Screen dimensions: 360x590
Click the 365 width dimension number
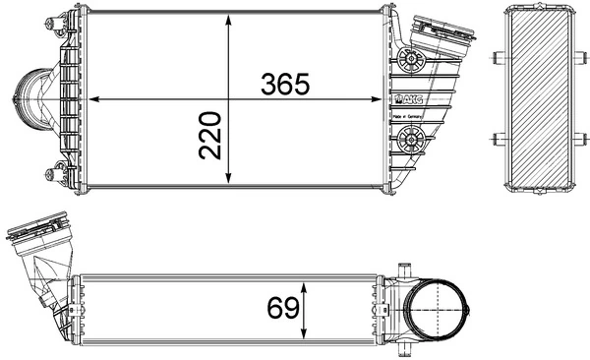(285, 84)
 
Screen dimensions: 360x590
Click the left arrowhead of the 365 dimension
(94, 99)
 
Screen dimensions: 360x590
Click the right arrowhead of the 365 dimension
(379, 99)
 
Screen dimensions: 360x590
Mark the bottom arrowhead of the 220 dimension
(229, 180)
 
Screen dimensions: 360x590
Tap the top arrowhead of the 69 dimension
(307, 282)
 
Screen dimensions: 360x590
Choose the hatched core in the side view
(539, 98)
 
